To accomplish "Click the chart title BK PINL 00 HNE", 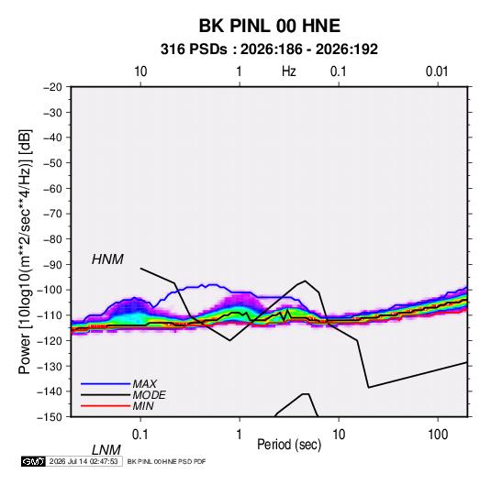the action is tap(269, 26).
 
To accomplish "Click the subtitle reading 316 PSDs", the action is tap(194, 50).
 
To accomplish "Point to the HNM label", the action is tap(107, 259).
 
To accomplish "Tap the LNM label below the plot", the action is tap(106, 450).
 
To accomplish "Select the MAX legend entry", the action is tap(144, 383).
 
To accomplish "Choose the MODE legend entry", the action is tap(149, 395).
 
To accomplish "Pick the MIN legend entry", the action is tap(143, 406).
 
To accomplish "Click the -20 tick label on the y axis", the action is tap(52, 87).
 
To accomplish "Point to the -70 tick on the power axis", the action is tap(52, 214).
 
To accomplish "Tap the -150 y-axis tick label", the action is tap(50, 417).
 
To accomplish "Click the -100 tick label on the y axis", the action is tap(50, 290).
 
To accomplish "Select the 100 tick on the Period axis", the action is tap(438, 435).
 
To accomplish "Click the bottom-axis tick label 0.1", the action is tap(140, 435).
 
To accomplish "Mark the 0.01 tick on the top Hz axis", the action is tap(437, 72).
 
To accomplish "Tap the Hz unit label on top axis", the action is tap(289, 72).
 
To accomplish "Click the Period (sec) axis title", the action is tap(289, 445).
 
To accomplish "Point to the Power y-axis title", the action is tap(26, 251).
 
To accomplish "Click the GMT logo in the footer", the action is tap(34, 461).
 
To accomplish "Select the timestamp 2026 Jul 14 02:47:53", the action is tap(84, 461).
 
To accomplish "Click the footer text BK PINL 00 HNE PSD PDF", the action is tap(167, 461).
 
